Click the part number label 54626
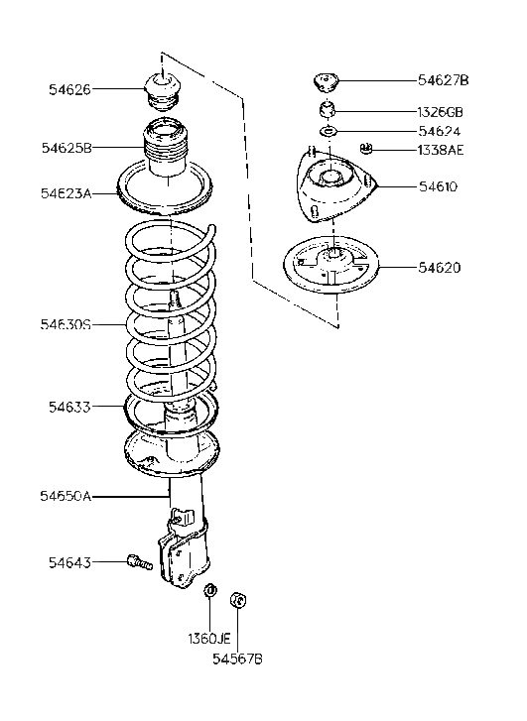tap(68, 89)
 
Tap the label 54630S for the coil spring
tap(66, 324)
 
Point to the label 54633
tap(69, 406)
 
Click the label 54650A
tap(66, 495)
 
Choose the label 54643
tap(69, 563)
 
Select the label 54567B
tap(239, 658)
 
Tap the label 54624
tap(439, 131)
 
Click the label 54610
tap(438, 185)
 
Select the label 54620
tap(439, 268)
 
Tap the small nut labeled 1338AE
tap(366, 150)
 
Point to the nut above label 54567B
tap(238, 601)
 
